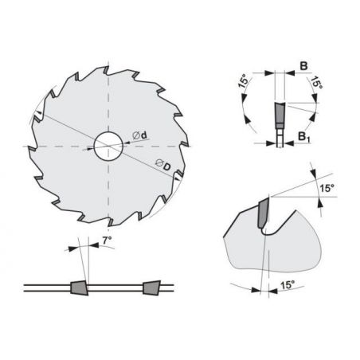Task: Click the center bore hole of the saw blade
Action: pyautogui.click(x=108, y=147)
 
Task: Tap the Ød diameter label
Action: pyautogui.click(x=139, y=135)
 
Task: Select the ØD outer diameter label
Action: pyautogui.click(x=162, y=165)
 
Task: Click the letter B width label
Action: pyautogui.click(x=303, y=66)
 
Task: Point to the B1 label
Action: pyautogui.click(x=304, y=137)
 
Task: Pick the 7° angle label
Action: pyautogui.click(x=107, y=241)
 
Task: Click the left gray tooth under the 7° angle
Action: pyautogui.click(x=79, y=288)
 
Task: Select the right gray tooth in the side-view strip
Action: pyautogui.click(x=152, y=288)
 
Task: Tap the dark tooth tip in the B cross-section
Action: pyautogui.click(x=280, y=113)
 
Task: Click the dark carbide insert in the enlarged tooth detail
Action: pyautogui.click(x=263, y=213)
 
